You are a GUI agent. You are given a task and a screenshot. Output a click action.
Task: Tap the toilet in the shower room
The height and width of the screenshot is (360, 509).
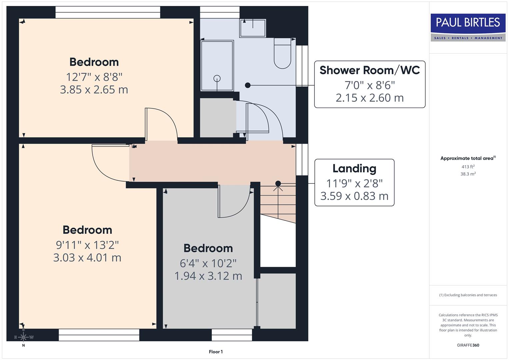click(x=282, y=53)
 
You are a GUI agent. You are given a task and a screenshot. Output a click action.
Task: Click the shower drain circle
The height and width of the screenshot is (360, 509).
click(x=217, y=79)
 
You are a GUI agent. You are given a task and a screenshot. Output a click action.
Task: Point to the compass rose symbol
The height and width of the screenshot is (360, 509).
click(x=23, y=337)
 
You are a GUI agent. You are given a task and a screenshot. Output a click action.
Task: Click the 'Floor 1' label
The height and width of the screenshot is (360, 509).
click(x=216, y=352)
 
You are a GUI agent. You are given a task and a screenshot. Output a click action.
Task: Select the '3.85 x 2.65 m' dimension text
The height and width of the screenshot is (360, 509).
click(x=94, y=90)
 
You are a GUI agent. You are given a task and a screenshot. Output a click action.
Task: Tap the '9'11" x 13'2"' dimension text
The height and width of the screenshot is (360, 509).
click(x=87, y=245)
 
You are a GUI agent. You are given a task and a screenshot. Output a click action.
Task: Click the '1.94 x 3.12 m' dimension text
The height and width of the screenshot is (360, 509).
click(x=208, y=276)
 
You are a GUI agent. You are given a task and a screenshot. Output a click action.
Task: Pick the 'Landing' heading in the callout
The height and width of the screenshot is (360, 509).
click(x=354, y=168)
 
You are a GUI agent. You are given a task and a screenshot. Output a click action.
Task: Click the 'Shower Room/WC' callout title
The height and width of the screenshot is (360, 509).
click(x=370, y=70)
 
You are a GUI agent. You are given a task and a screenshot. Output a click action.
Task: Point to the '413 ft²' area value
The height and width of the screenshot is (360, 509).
click(x=468, y=167)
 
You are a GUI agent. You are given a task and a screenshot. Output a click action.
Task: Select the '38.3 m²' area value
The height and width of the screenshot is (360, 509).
click(x=468, y=174)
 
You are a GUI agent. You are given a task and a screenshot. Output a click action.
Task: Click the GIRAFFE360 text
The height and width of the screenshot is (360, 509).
click(x=468, y=345)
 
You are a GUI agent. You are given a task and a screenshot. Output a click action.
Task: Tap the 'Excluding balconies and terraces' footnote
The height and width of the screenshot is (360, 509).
click(x=468, y=295)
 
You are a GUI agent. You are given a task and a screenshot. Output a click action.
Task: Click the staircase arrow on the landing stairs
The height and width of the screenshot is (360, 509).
click(x=278, y=188)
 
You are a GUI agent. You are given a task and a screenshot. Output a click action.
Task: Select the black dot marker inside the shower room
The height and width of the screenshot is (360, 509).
click(x=248, y=85)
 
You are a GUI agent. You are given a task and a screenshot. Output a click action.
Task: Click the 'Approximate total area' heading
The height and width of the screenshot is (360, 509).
click(x=467, y=158)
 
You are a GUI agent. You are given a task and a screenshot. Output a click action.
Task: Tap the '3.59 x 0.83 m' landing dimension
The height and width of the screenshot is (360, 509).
click(x=354, y=196)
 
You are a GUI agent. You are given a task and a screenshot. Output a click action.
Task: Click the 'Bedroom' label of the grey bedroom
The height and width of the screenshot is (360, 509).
click(x=208, y=248)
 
